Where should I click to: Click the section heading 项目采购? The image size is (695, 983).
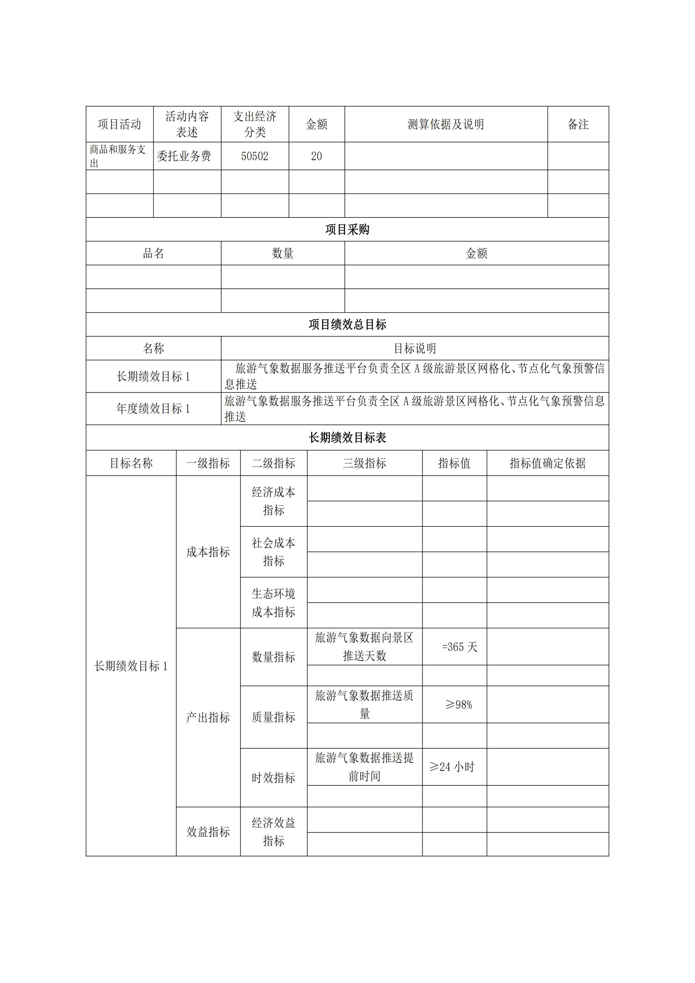(347, 229)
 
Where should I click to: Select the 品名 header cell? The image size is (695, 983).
(153, 253)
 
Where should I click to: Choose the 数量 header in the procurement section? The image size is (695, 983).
(283, 253)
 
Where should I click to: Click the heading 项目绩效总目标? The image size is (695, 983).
(347, 325)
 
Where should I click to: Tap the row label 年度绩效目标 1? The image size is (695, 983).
(153, 408)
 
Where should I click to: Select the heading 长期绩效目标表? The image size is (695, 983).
(347, 438)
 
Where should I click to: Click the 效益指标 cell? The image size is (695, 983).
(208, 831)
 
